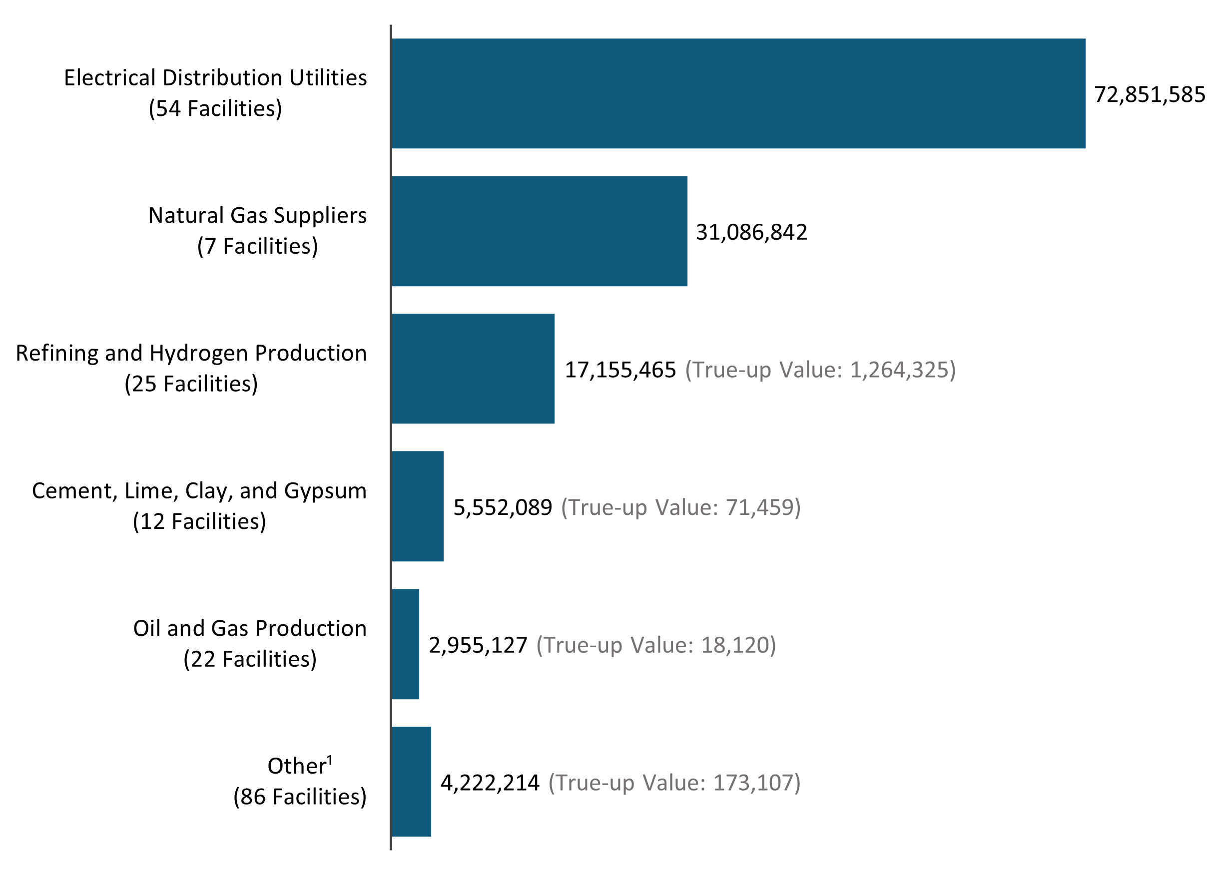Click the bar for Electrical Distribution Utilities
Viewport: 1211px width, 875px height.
(x=738, y=93)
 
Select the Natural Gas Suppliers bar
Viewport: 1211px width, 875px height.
(x=539, y=231)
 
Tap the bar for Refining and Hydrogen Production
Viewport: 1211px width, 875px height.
(x=473, y=369)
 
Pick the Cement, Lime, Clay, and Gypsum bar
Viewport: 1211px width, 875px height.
(x=418, y=506)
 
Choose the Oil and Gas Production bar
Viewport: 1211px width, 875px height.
(x=405, y=644)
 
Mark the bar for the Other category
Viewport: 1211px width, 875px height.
(x=411, y=782)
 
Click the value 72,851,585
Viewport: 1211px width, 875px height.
(x=1149, y=94)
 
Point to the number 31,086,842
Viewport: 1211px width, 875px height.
(x=751, y=232)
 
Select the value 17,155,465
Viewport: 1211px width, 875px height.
(x=620, y=370)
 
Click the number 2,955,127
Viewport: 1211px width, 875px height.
(x=478, y=645)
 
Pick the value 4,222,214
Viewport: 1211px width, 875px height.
(x=490, y=783)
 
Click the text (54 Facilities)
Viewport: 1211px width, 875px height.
(x=215, y=108)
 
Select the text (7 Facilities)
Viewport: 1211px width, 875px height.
(x=257, y=246)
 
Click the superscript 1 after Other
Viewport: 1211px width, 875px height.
(x=330, y=760)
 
